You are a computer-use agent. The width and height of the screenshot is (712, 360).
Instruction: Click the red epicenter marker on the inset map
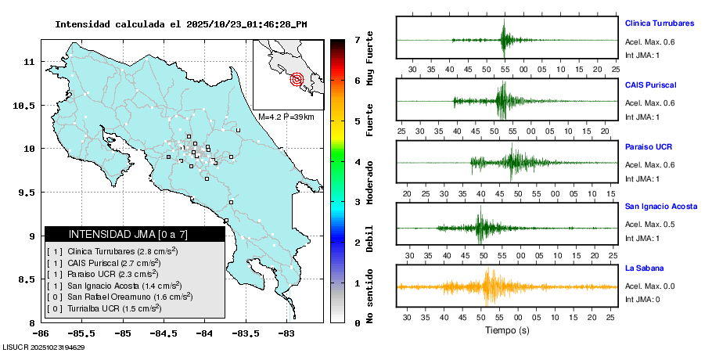click(297, 78)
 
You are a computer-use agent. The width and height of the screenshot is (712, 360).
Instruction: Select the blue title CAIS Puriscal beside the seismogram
click(650, 85)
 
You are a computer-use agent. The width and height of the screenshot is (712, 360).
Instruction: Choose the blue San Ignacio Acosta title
click(661, 207)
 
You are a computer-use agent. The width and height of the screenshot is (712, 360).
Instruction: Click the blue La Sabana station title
click(643, 268)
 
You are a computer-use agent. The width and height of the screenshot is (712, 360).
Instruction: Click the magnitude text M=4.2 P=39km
click(286, 117)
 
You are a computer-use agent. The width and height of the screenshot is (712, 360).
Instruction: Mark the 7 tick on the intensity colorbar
click(357, 39)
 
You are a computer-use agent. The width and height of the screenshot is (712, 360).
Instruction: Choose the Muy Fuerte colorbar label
click(369, 56)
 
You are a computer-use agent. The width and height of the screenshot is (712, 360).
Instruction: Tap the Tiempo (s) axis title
click(507, 330)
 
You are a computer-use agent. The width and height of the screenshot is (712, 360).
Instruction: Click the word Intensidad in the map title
click(81, 24)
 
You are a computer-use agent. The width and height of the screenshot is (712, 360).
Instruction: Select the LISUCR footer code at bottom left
click(44, 347)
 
